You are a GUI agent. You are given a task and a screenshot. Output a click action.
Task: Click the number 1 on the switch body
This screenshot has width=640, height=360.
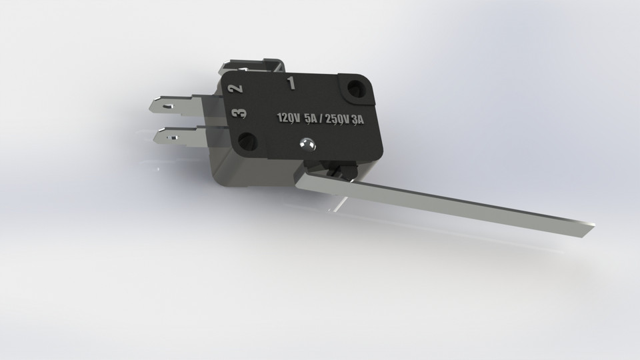click(x=290, y=83)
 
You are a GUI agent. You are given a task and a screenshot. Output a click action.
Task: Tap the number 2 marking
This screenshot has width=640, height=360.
click(x=235, y=87)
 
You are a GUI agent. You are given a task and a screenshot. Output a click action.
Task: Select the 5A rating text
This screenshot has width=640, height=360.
click(x=311, y=119)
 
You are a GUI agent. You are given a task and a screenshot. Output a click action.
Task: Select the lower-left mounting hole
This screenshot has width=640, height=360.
click(x=248, y=141)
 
